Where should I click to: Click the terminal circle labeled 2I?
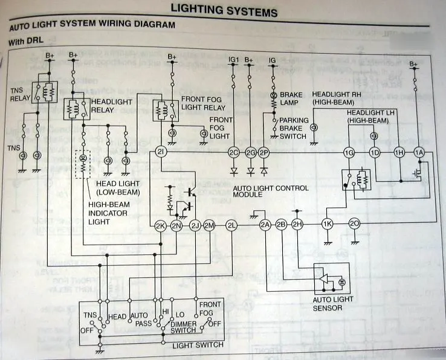point(161,152)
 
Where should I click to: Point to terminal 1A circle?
point(418,153)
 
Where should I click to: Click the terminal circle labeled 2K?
point(160,226)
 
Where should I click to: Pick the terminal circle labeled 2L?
point(231,226)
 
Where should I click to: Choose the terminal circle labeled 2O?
point(355,224)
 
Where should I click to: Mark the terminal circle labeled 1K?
point(328,224)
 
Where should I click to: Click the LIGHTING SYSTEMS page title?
point(224,10)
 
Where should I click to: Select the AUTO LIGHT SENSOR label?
point(332,304)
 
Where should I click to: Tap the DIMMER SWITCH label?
point(183,325)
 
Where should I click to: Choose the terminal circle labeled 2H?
point(297,225)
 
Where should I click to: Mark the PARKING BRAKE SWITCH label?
point(294,128)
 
